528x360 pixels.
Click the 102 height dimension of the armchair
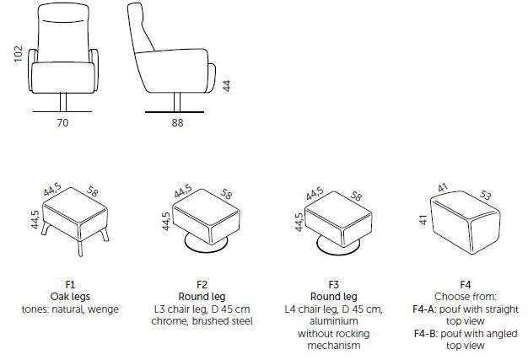(x=19, y=53)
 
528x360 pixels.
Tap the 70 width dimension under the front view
(x=62, y=123)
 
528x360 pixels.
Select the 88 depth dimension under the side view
(x=177, y=123)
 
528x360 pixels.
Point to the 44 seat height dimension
(x=227, y=85)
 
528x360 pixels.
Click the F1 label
(x=70, y=285)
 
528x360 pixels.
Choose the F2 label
(x=202, y=285)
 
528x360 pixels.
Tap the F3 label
(x=333, y=285)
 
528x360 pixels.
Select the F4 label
(x=465, y=285)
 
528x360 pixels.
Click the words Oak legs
(x=70, y=297)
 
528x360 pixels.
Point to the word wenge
(x=103, y=309)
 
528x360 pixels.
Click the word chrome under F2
(x=170, y=321)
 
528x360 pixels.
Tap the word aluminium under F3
(x=334, y=321)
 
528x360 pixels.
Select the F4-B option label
(x=425, y=334)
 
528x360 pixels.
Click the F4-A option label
(x=424, y=309)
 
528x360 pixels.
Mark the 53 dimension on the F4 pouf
(x=484, y=195)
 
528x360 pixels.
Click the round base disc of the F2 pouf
(x=206, y=245)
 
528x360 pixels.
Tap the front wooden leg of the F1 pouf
(x=80, y=249)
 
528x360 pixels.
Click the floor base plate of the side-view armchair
(x=175, y=112)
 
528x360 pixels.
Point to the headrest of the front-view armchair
(x=63, y=13)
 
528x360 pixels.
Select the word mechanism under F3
(x=334, y=346)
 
